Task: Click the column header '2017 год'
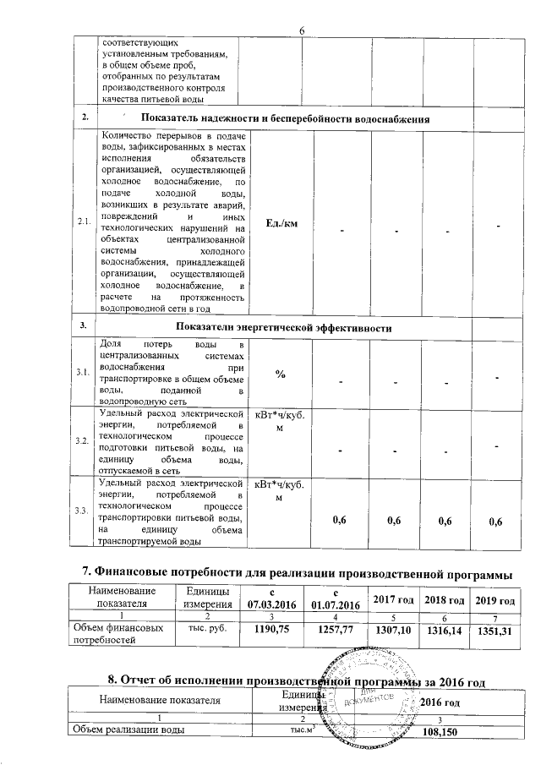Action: pos(395,598)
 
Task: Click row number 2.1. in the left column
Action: pos(84,221)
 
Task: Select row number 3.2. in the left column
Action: pos(84,441)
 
